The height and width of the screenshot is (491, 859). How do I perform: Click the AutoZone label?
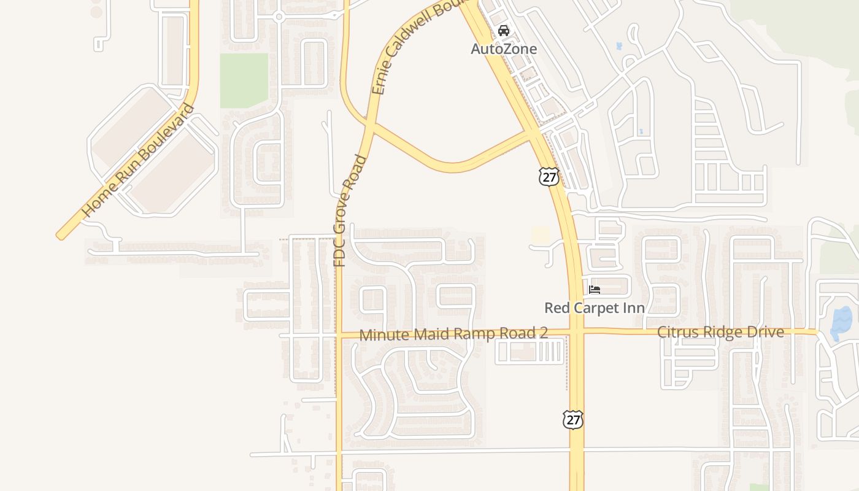[504, 49]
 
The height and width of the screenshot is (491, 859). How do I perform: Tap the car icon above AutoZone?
[504, 30]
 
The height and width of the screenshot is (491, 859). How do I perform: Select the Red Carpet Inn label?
[594, 307]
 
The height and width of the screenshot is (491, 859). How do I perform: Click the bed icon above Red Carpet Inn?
[594, 289]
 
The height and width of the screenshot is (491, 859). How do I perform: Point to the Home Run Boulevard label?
[138, 161]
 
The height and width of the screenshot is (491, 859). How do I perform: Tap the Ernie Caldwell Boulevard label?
[417, 46]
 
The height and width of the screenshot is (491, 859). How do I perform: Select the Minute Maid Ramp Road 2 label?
[453, 334]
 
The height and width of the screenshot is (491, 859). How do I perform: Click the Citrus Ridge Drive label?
[720, 332]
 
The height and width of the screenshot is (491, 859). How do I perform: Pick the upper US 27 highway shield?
[549, 177]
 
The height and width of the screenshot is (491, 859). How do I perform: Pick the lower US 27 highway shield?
[572, 420]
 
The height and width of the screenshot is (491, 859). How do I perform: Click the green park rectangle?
[244, 80]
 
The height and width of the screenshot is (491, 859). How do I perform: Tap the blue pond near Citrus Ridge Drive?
[841, 323]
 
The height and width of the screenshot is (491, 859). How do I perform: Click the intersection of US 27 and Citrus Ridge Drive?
[576, 333]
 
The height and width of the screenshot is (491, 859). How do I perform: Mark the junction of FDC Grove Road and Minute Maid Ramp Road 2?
[338, 335]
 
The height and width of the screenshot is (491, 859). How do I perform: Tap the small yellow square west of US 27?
[541, 234]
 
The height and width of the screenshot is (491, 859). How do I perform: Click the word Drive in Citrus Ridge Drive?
[765, 332]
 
